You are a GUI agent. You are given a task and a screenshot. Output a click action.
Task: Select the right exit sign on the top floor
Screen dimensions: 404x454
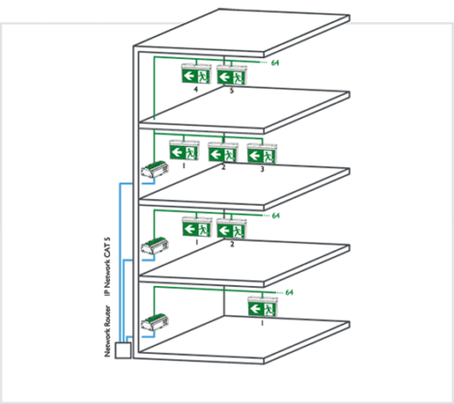tap(230, 74)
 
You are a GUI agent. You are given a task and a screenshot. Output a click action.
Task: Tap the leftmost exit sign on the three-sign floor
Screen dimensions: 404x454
tap(184, 151)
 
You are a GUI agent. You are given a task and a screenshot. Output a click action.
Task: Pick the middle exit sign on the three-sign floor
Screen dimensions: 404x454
tap(222, 153)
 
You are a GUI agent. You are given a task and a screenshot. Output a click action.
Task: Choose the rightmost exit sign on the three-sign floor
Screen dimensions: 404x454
tap(261, 154)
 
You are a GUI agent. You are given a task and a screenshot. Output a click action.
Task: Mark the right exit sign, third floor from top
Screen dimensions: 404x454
tap(231, 229)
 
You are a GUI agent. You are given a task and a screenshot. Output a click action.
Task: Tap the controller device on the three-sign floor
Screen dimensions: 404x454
tap(154, 171)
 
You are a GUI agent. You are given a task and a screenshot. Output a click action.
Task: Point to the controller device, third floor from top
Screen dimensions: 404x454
tap(154, 246)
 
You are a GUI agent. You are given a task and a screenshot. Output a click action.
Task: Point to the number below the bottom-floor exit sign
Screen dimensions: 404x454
tap(264, 323)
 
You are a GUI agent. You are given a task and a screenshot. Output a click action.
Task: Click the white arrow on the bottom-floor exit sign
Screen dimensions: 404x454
tap(256, 307)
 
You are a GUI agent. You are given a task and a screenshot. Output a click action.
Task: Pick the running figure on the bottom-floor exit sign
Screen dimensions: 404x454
tap(271, 307)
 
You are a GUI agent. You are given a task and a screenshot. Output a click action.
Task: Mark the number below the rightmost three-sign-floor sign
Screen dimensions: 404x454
tap(261, 169)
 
